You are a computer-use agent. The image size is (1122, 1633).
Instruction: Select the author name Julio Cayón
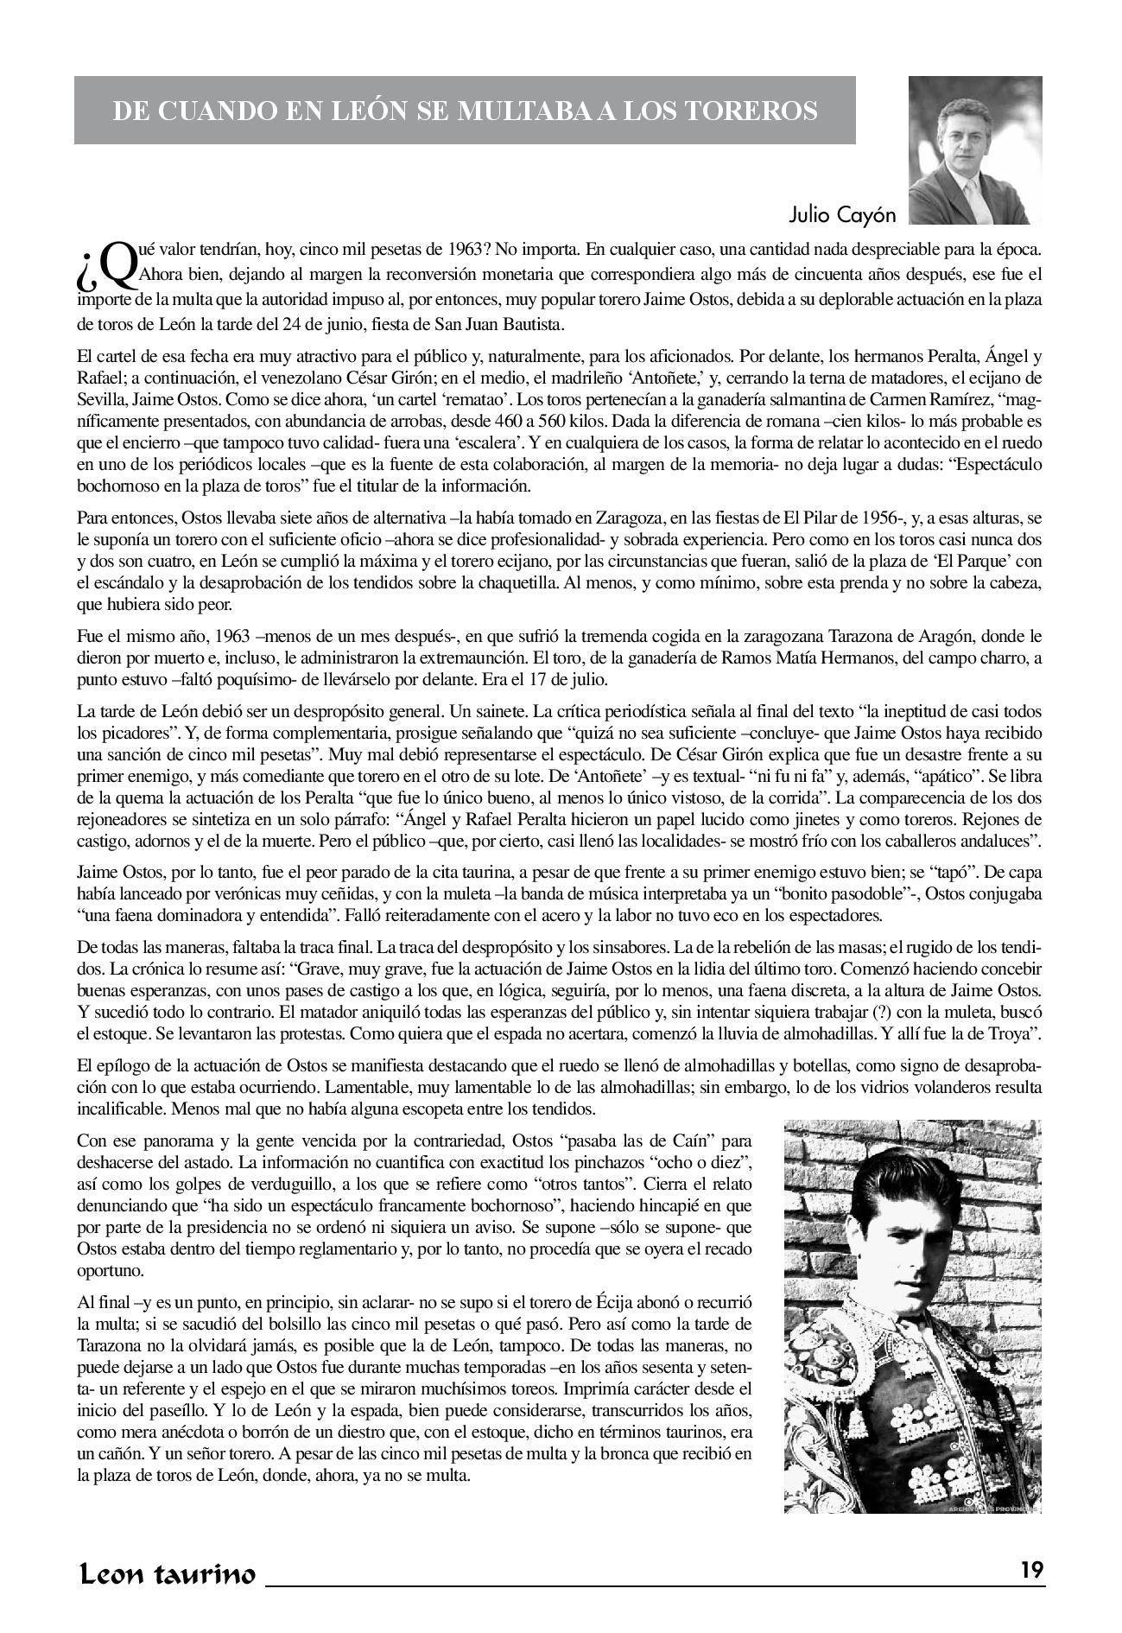click(x=842, y=214)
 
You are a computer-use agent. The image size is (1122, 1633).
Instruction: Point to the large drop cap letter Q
click(x=118, y=263)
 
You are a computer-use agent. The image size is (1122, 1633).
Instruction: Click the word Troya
click(x=1016, y=1034)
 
